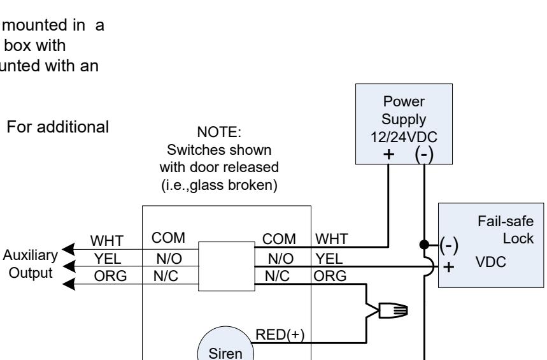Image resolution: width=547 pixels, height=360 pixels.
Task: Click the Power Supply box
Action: [404, 124]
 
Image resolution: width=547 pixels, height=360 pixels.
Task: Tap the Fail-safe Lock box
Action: [491, 245]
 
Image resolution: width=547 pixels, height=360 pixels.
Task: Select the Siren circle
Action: [225, 344]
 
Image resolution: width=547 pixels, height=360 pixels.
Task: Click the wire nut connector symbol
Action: [393, 310]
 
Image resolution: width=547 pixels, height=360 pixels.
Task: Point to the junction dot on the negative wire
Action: [424, 245]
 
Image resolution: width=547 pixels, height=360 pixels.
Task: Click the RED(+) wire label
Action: [280, 335]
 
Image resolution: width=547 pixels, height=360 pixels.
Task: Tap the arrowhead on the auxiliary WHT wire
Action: [68, 249]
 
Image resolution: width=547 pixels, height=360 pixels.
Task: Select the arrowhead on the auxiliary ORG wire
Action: [68, 284]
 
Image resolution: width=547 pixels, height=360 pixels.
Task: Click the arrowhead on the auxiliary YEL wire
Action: [69, 266]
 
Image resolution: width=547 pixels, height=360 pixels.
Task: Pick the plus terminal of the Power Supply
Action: [388, 154]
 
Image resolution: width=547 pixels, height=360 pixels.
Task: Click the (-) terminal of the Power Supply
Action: [424, 154]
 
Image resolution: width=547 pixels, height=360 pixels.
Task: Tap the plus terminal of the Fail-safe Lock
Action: [449, 267]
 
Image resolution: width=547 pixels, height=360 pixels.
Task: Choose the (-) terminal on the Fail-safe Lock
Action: [449, 245]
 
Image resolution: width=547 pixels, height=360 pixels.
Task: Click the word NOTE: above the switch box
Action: [219, 132]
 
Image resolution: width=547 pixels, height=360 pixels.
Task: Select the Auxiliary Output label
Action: [31, 264]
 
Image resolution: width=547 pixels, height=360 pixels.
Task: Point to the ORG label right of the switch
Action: [330, 276]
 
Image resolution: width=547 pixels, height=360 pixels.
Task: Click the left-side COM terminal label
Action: [168, 238]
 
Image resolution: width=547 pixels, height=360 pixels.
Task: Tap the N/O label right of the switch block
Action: [281, 259]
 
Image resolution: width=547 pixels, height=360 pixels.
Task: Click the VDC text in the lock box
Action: [490, 262]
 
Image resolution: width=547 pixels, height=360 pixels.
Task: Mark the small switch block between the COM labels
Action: [227, 266]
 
